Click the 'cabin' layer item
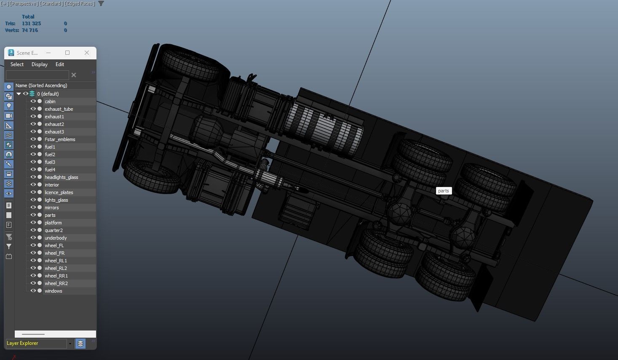(50, 101)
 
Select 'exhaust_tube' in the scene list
(59, 109)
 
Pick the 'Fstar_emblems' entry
(60, 139)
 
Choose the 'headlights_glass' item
(62, 177)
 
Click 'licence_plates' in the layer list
(59, 192)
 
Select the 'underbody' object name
(56, 238)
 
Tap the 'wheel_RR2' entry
(56, 283)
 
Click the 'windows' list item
(54, 291)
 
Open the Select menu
(17, 64)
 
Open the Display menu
(40, 64)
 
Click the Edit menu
(60, 64)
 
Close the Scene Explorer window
(87, 53)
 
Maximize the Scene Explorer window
(67, 53)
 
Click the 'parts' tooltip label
(444, 191)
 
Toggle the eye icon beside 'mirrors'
(33, 208)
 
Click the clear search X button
(74, 75)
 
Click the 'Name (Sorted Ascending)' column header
(41, 85)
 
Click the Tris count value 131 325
(32, 24)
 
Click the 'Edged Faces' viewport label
(80, 3)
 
